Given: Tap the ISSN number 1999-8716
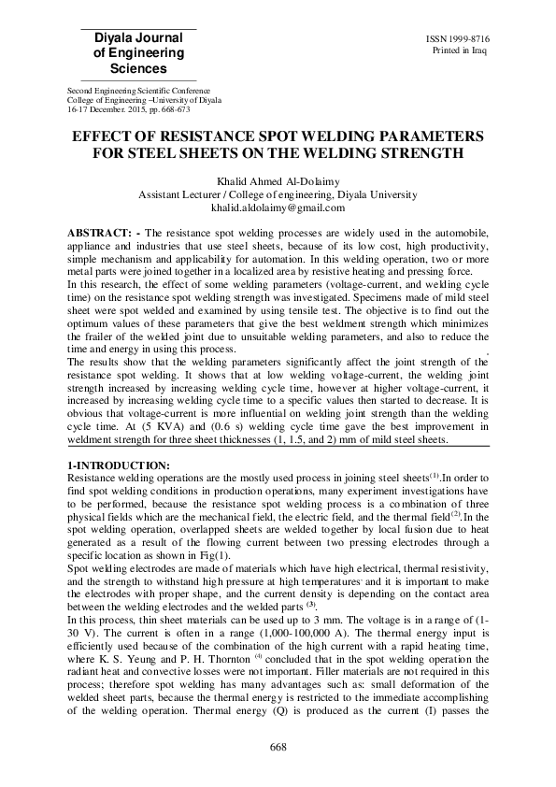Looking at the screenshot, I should point(463,38).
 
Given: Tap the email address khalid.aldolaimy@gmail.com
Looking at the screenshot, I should point(278,207).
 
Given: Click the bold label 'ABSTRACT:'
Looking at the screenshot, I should point(104,230).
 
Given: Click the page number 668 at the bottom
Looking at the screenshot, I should point(278,746).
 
